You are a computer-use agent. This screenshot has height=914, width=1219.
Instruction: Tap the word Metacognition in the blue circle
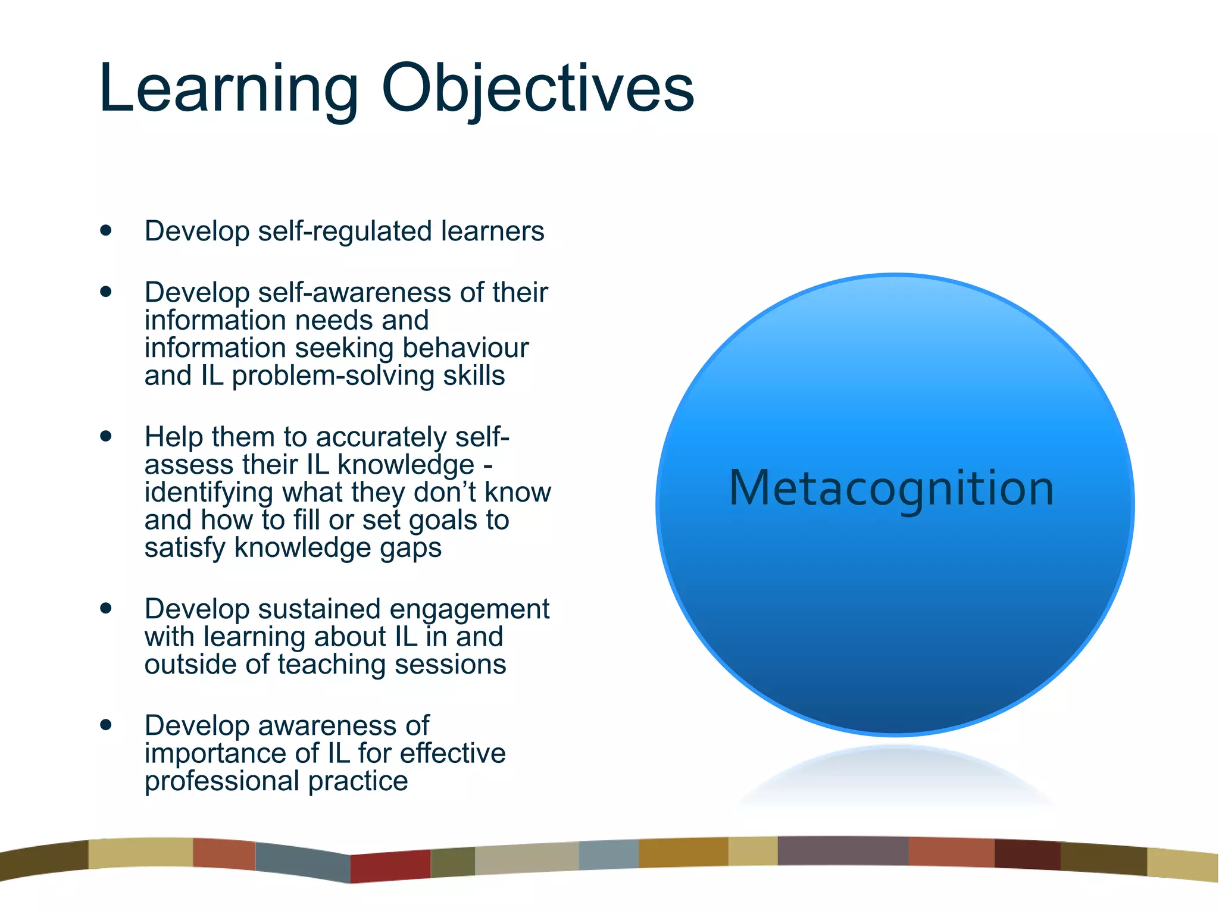pyautogui.click(x=891, y=489)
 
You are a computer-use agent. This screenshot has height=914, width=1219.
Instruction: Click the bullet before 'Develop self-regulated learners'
pyautogui.click(x=106, y=230)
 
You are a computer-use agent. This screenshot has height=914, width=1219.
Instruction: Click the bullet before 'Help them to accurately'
pyautogui.click(x=106, y=436)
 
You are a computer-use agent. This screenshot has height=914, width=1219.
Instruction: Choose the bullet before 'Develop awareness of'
pyautogui.click(x=106, y=725)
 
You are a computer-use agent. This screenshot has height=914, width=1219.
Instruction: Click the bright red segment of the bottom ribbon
pyautogui.click(x=390, y=866)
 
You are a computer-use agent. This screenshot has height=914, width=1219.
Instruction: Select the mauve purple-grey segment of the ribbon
pyautogui.click(x=842, y=851)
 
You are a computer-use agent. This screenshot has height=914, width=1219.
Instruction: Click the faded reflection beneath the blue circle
pyautogui.click(x=896, y=777)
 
